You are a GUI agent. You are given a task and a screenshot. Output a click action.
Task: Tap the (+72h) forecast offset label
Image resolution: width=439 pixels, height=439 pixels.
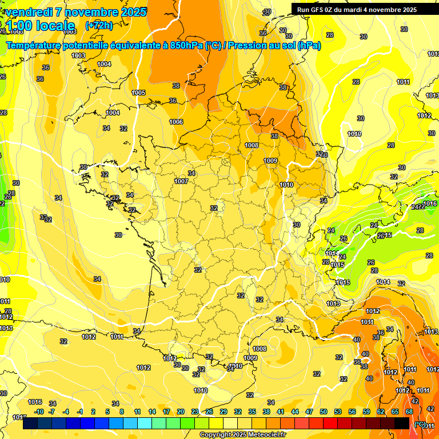[99, 26]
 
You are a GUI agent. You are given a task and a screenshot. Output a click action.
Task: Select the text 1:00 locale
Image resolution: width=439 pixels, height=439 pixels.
[40, 26]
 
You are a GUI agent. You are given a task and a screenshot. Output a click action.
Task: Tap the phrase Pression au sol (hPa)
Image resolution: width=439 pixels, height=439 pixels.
[274, 46]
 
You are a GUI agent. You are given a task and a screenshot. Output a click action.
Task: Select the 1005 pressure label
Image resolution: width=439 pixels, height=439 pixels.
[138, 93]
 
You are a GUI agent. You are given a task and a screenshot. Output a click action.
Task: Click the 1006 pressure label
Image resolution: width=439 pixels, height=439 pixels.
[176, 122]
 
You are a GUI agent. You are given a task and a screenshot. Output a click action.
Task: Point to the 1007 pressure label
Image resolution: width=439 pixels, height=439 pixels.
[182, 181]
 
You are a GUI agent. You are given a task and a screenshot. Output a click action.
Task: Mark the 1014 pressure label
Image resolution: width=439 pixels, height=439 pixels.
[383, 282]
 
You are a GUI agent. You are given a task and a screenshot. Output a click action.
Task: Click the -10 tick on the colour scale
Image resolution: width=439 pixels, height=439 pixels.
[39, 412]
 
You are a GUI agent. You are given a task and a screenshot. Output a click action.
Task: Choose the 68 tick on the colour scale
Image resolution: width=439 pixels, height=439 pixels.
[409, 412]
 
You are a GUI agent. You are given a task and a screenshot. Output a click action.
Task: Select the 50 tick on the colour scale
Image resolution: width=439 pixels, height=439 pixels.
[324, 412]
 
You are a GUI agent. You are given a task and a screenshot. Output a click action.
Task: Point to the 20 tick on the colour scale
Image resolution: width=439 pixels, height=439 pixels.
[181, 412]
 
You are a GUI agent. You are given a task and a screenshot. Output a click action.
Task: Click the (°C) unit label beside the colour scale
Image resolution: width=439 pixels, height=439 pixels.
[420, 424]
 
